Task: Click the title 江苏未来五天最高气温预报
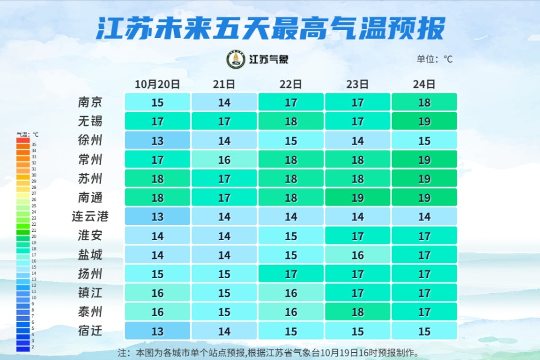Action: [x=270, y=28]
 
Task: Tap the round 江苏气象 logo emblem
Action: [x=235, y=59]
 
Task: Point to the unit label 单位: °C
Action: [x=434, y=59]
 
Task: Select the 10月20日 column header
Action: [x=157, y=84]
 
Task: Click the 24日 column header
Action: [x=424, y=84]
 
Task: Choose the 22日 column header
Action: [x=291, y=84]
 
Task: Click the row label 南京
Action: [x=90, y=102]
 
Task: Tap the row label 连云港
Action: [x=90, y=217]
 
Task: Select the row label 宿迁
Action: [x=90, y=331]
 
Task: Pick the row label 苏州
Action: [x=90, y=178]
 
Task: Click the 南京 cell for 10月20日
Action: [x=158, y=102]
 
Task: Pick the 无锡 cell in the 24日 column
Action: [x=424, y=122]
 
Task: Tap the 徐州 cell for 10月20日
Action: [x=158, y=141]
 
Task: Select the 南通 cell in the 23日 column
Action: [x=358, y=197]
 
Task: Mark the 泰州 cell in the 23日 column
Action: [x=358, y=312]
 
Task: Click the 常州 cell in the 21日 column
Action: [x=224, y=160]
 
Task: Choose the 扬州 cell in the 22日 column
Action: [x=291, y=274]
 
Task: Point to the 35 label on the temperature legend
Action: [x=34, y=144]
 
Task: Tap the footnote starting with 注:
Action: [x=268, y=352]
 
